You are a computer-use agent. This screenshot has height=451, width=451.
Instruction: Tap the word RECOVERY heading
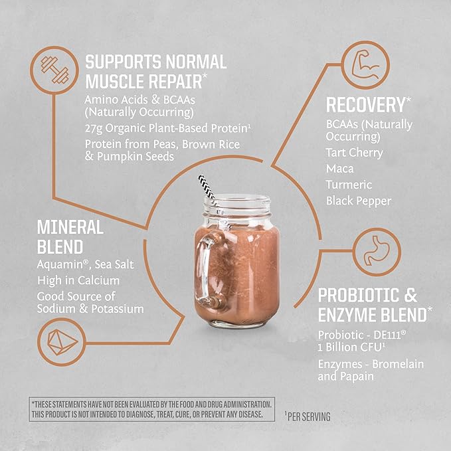click(x=365, y=104)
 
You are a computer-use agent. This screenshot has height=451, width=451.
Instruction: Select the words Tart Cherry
click(x=355, y=152)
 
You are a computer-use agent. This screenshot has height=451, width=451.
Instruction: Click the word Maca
click(x=340, y=168)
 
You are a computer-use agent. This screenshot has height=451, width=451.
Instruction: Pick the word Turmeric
click(x=349, y=184)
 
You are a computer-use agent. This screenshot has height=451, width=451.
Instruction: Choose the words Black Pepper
click(x=359, y=200)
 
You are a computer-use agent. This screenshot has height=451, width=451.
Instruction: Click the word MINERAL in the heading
click(x=70, y=228)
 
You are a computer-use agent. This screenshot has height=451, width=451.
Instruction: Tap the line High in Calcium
click(x=79, y=280)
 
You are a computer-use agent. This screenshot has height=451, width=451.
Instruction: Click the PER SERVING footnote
click(x=309, y=416)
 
